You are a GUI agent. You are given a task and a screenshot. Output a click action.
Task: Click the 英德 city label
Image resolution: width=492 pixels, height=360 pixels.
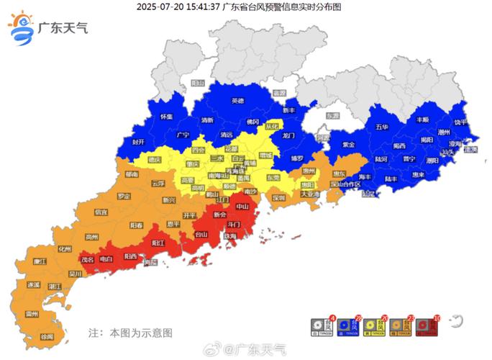(237, 101)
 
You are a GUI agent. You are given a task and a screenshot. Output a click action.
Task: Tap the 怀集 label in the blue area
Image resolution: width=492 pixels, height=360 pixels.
(167, 116)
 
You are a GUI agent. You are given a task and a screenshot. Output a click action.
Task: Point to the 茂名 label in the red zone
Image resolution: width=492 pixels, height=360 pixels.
(87, 258)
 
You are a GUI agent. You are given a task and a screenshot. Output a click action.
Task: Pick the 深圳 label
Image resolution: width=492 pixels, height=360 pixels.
(278, 197)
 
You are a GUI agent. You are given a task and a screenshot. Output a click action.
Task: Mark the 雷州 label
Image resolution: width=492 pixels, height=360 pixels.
(32, 314)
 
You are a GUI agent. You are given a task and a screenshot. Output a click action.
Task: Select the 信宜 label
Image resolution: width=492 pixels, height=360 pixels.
(101, 212)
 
